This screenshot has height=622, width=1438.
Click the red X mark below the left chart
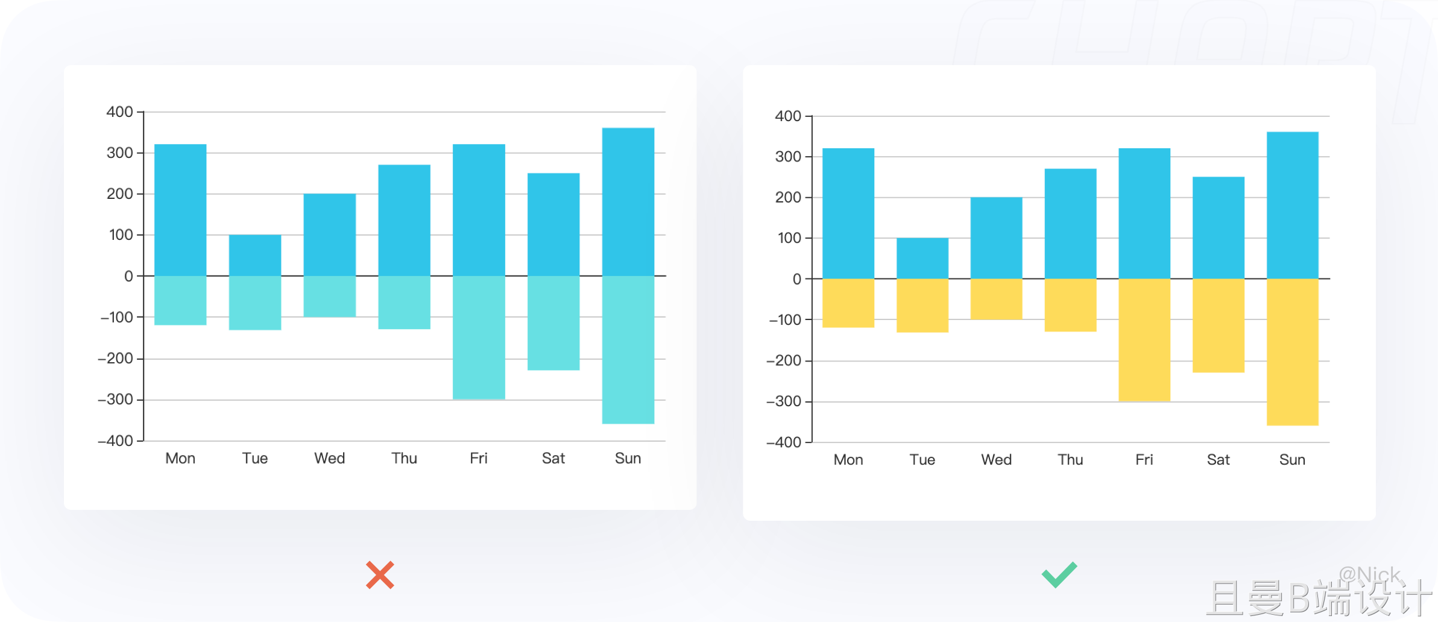[380, 575]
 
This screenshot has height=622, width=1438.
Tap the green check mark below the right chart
[1059, 574]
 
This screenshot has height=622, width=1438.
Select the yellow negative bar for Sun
[1293, 352]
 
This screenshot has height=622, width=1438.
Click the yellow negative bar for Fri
[1144, 340]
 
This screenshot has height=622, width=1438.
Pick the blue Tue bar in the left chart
[255, 255]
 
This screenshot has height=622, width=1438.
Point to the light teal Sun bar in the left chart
[628, 350]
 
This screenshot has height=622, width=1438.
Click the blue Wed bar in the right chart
[996, 238]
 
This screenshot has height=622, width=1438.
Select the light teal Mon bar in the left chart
[180, 301]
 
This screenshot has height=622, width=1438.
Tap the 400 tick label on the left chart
[119, 112]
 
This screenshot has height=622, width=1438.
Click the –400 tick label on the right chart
[783, 442]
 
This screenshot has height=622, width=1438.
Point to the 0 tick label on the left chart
[128, 276]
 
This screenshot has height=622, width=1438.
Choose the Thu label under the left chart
[404, 459]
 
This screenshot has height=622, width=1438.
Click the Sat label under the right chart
[1218, 460]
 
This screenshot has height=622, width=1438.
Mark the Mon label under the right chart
[848, 460]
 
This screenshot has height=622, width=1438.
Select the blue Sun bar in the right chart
[1293, 206]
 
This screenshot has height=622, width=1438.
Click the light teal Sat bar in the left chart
[553, 323]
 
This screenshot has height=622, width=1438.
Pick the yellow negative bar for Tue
[922, 306]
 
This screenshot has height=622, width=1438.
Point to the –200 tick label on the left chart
[115, 359]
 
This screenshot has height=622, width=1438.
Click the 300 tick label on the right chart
[788, 157]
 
